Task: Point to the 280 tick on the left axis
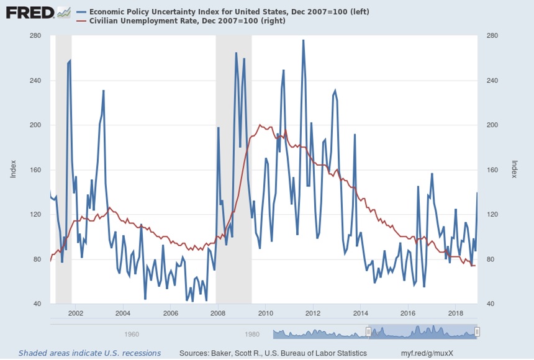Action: [x=35, y=36]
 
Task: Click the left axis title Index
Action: [x=12, y=169]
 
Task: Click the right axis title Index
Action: [x=514, y=169]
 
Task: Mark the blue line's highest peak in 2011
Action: [x=303, y=40]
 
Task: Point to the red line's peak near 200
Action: [x=259, y=125]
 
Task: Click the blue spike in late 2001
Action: [x=70, y=61]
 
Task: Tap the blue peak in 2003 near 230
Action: [x=104, y=91]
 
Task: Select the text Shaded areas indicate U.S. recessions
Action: [x=89, y=353]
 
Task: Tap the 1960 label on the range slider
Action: [x=131, y=334]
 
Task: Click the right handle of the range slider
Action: [x=477, y=332]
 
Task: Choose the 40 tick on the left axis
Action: [x=37, y=304]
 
